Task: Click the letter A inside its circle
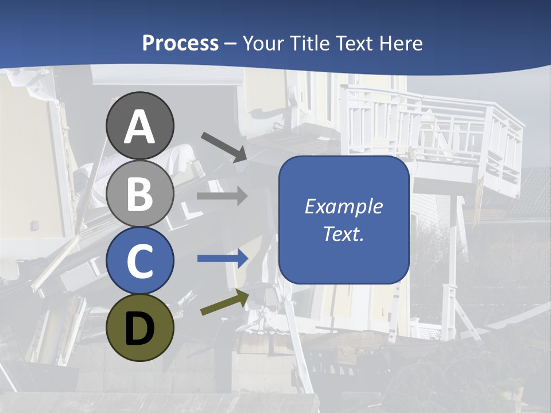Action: (x=140, y=127)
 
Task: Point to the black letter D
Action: (x=140, y=329)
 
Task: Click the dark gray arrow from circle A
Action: (x=224, y=146)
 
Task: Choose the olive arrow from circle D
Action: (x=224, y=302)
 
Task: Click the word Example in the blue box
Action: (x=344, y=206)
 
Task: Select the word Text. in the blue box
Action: (x=344, y=233)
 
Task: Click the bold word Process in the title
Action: (x=180, y=43)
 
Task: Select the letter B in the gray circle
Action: (x=140, y=194)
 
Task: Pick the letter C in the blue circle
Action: (x=140, y=261)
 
